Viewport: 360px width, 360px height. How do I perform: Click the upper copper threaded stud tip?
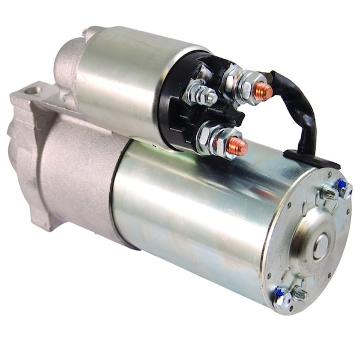[262, 91]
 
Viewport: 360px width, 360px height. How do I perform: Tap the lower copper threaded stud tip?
[238, 145]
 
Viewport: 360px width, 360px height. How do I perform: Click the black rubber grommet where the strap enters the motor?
[312, 159]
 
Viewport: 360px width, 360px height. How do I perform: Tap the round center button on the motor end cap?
[320, 246]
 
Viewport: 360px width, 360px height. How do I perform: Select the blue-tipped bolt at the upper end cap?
[343, 187]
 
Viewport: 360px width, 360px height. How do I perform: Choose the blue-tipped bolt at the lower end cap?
[280, 298]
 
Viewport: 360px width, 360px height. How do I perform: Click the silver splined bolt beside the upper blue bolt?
[328, 193]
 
